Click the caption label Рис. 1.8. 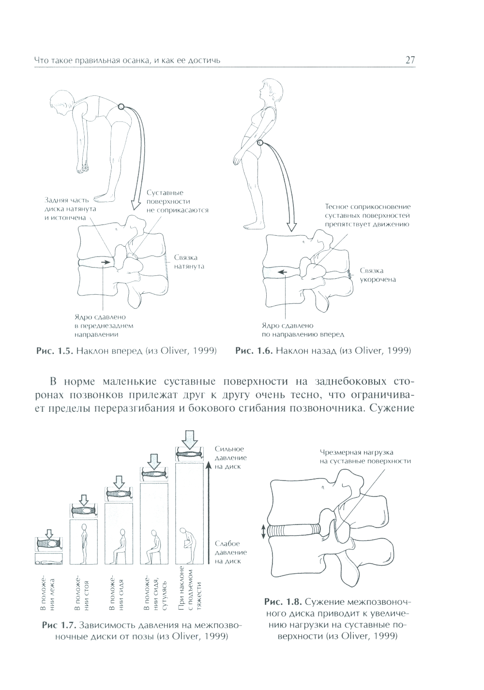point(283,602)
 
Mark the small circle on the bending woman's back point(121,107)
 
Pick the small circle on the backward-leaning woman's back point(260,142)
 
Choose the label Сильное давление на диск point(231,458)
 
